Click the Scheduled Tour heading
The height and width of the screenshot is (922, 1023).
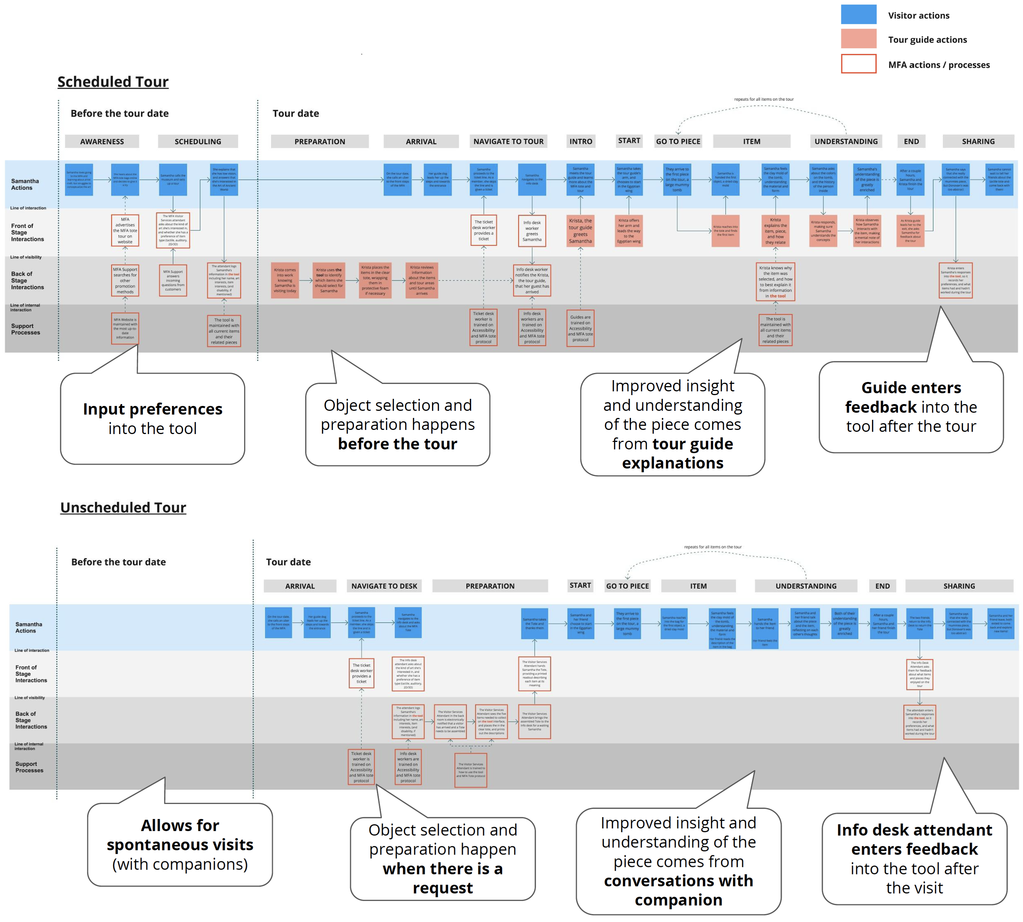[112, 82]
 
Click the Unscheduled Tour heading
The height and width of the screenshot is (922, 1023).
[123, 507]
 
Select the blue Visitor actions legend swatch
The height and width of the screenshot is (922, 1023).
[858, 15]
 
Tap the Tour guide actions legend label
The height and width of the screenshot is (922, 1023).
[927, 40]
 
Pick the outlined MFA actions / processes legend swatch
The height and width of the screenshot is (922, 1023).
[858, 64]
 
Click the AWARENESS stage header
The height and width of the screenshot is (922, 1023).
[102, 141]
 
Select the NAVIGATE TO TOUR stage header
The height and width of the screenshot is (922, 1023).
[508, 141]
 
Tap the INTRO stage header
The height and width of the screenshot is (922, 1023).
[580, 141]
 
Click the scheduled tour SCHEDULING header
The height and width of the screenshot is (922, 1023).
[197, 141]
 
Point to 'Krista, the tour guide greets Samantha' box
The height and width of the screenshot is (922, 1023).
[580, 231]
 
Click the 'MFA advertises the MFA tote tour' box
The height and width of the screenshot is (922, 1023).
[125, 231]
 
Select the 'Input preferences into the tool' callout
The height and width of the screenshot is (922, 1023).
[152, 418]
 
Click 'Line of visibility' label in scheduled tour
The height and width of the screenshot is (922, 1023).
[26, 257]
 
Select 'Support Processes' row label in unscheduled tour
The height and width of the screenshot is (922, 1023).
[29, 767]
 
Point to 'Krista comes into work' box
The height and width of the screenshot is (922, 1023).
[285, 280]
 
